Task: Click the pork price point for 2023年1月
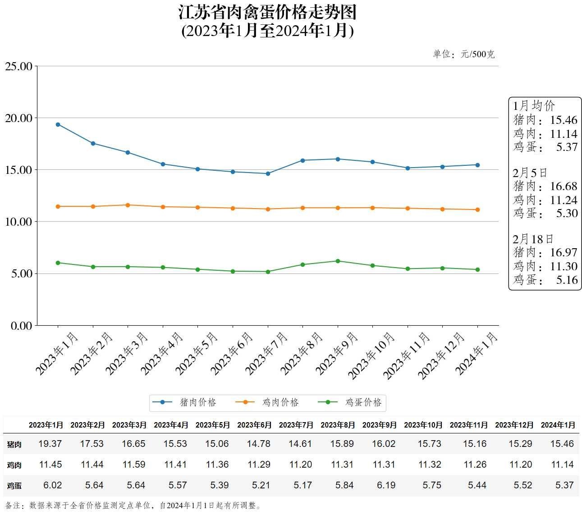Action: [x=58, y=124]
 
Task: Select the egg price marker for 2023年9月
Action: [x=338, y=261]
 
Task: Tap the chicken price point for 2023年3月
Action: [x=128, y=205]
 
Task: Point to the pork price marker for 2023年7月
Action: [x=268, y=173]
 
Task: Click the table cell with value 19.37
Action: [x=50, y=444]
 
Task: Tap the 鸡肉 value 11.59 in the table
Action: [x=133, y=464]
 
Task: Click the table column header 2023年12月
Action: [x=514, y=425]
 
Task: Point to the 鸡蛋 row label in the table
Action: [x=14, y=486]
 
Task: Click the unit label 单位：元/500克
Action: [x=463, y=55]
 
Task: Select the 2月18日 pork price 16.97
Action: [x=564, y=252]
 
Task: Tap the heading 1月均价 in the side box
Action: [x=534, y=106]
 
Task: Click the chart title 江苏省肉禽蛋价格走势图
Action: [x=267, y=12]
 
